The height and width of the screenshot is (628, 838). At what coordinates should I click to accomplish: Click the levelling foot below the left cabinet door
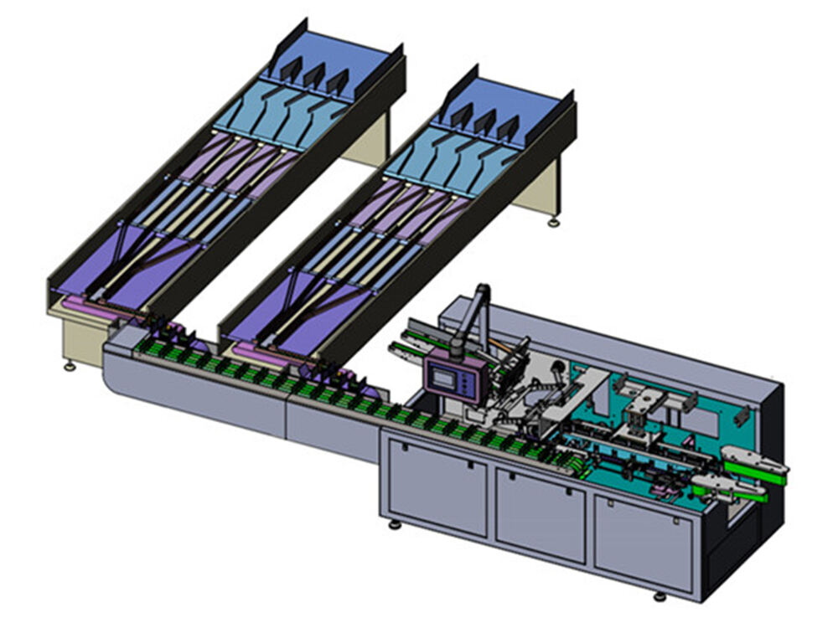click(394, 525)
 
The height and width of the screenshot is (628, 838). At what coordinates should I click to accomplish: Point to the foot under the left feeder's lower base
click(69, 367)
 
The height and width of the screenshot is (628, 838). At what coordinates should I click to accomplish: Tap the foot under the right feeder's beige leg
click(553, 223)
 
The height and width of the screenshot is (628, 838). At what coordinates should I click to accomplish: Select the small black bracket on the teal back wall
click(741, 415)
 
